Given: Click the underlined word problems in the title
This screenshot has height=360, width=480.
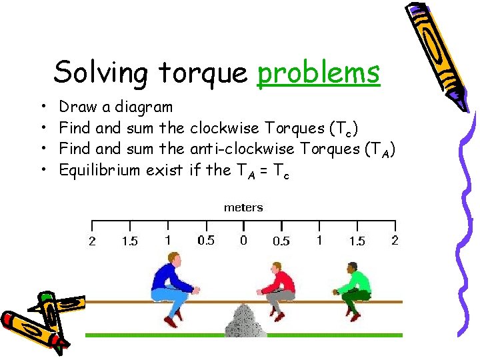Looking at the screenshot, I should pos(318,72).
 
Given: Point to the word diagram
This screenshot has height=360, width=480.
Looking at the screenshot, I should pos(143,107).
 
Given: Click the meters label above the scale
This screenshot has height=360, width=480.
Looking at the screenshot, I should pos(243,207).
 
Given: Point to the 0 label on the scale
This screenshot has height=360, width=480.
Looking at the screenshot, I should pos(243,240).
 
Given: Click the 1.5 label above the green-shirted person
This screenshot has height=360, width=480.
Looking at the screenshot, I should pos(357,241).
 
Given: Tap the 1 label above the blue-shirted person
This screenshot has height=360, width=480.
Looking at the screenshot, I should pos(167,240).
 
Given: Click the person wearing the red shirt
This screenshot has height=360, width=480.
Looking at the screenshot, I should pos(276,288).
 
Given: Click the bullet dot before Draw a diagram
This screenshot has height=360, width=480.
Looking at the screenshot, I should pos(43,107).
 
